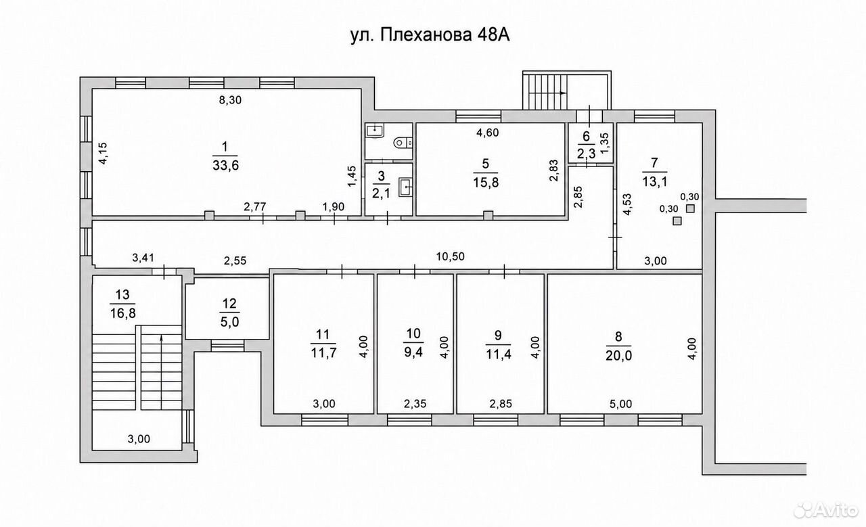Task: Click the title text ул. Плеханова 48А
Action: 430,36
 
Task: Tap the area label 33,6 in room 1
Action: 226,166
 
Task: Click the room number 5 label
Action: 486,163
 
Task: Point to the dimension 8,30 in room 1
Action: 230,100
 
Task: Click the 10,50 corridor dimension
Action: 451,256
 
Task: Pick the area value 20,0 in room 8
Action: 618,355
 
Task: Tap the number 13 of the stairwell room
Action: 122,295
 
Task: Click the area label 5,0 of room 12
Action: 229,322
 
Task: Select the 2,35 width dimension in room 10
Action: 415,404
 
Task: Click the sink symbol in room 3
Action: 405,189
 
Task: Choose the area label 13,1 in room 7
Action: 654,181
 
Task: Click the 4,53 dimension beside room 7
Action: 627,204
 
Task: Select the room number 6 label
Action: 586,137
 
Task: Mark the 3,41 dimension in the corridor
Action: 143,258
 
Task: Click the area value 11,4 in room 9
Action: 499,354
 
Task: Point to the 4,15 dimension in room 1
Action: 104,154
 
